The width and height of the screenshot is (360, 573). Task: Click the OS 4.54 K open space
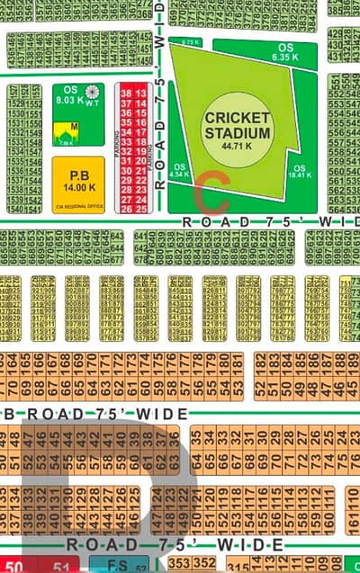tap(180, 171)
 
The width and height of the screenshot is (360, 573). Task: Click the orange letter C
tap(212, 189)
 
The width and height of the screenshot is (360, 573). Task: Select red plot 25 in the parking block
tap(141, 209)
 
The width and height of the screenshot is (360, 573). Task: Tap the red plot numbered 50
tap(13, 566)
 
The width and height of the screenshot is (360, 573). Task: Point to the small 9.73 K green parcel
tap(190, 42)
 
